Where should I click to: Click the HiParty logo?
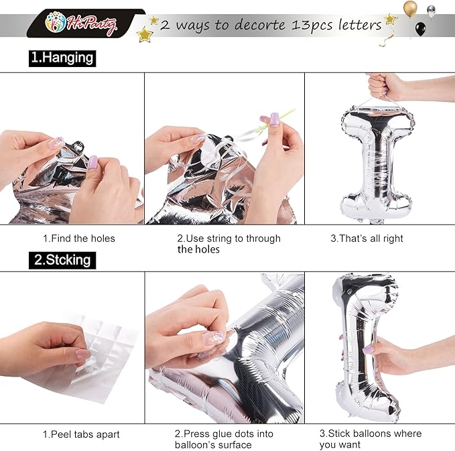(x=81, y=23)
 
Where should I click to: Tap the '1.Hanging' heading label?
(x=62, y=58)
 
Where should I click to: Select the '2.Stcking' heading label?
(x=62, y=260)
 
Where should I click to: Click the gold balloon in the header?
(x=410, y=9)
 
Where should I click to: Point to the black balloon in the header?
(x=420, y=29)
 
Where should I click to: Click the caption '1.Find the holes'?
(x=79, y=239)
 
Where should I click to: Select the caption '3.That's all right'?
(x=367, y=239)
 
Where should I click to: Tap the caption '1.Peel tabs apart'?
(x=81, y=434)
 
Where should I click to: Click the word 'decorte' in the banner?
(x=260, y=25)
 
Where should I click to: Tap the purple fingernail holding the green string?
(x=274, y=119)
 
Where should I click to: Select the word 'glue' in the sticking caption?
(x=230, y=434)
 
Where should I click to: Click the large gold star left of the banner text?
(x=145, y=34)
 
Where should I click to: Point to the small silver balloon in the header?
(x=431, y=11)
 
